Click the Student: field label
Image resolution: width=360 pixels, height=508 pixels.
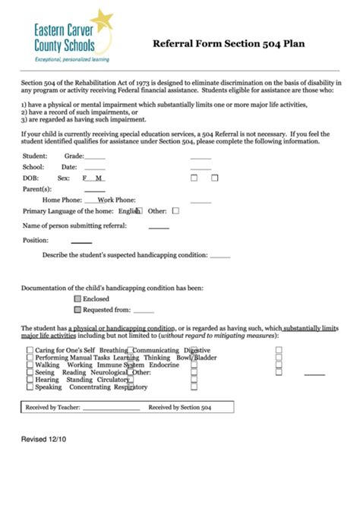click(35, 156)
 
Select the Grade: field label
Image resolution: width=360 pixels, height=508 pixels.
click(74, 156)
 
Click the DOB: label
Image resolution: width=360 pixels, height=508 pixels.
click(31, 178)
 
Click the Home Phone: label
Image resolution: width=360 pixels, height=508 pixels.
click(62, 200)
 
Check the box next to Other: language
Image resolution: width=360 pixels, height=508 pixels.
click(176, 211)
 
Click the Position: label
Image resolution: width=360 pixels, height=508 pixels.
click(36, 240)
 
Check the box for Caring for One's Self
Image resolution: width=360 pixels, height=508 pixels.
click(30, 351)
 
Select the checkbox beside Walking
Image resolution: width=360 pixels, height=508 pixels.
click(30, 365)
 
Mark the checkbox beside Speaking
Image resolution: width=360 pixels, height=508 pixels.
click(30, 387)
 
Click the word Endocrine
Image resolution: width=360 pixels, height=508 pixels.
click(164, 365)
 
